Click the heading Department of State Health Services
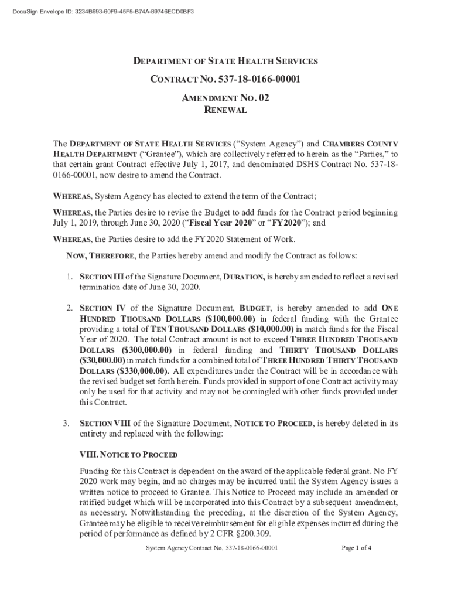tap(225, 61)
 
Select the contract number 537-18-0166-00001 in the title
tap(259, 79)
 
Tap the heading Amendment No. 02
tap(225, 98)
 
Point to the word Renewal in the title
tap(225, 110)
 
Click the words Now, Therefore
tap(99, 256)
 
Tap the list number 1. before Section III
tap(69, 276)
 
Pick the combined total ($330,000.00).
tap(125, 371)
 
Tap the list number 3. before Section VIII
tap(69, 423)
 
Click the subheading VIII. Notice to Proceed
tap(128, 455)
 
